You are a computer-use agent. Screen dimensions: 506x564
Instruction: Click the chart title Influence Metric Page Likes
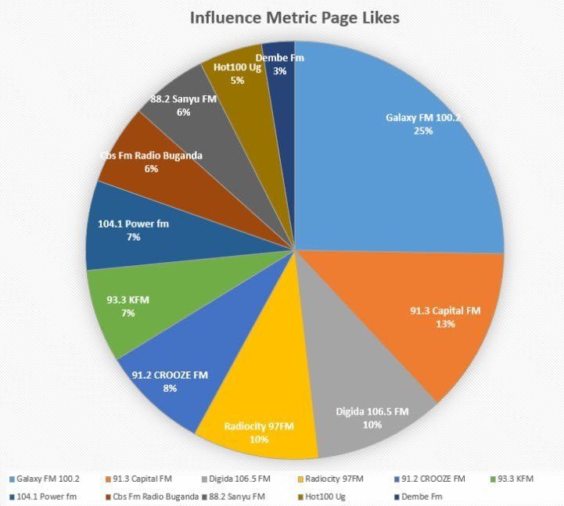(x=294, y=17)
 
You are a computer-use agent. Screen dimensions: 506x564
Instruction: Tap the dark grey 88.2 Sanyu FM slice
(x=192, y=109)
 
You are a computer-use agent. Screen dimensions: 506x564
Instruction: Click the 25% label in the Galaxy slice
(x=423, y=131)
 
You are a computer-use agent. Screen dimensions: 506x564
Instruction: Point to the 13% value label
(x=445, y=324)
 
